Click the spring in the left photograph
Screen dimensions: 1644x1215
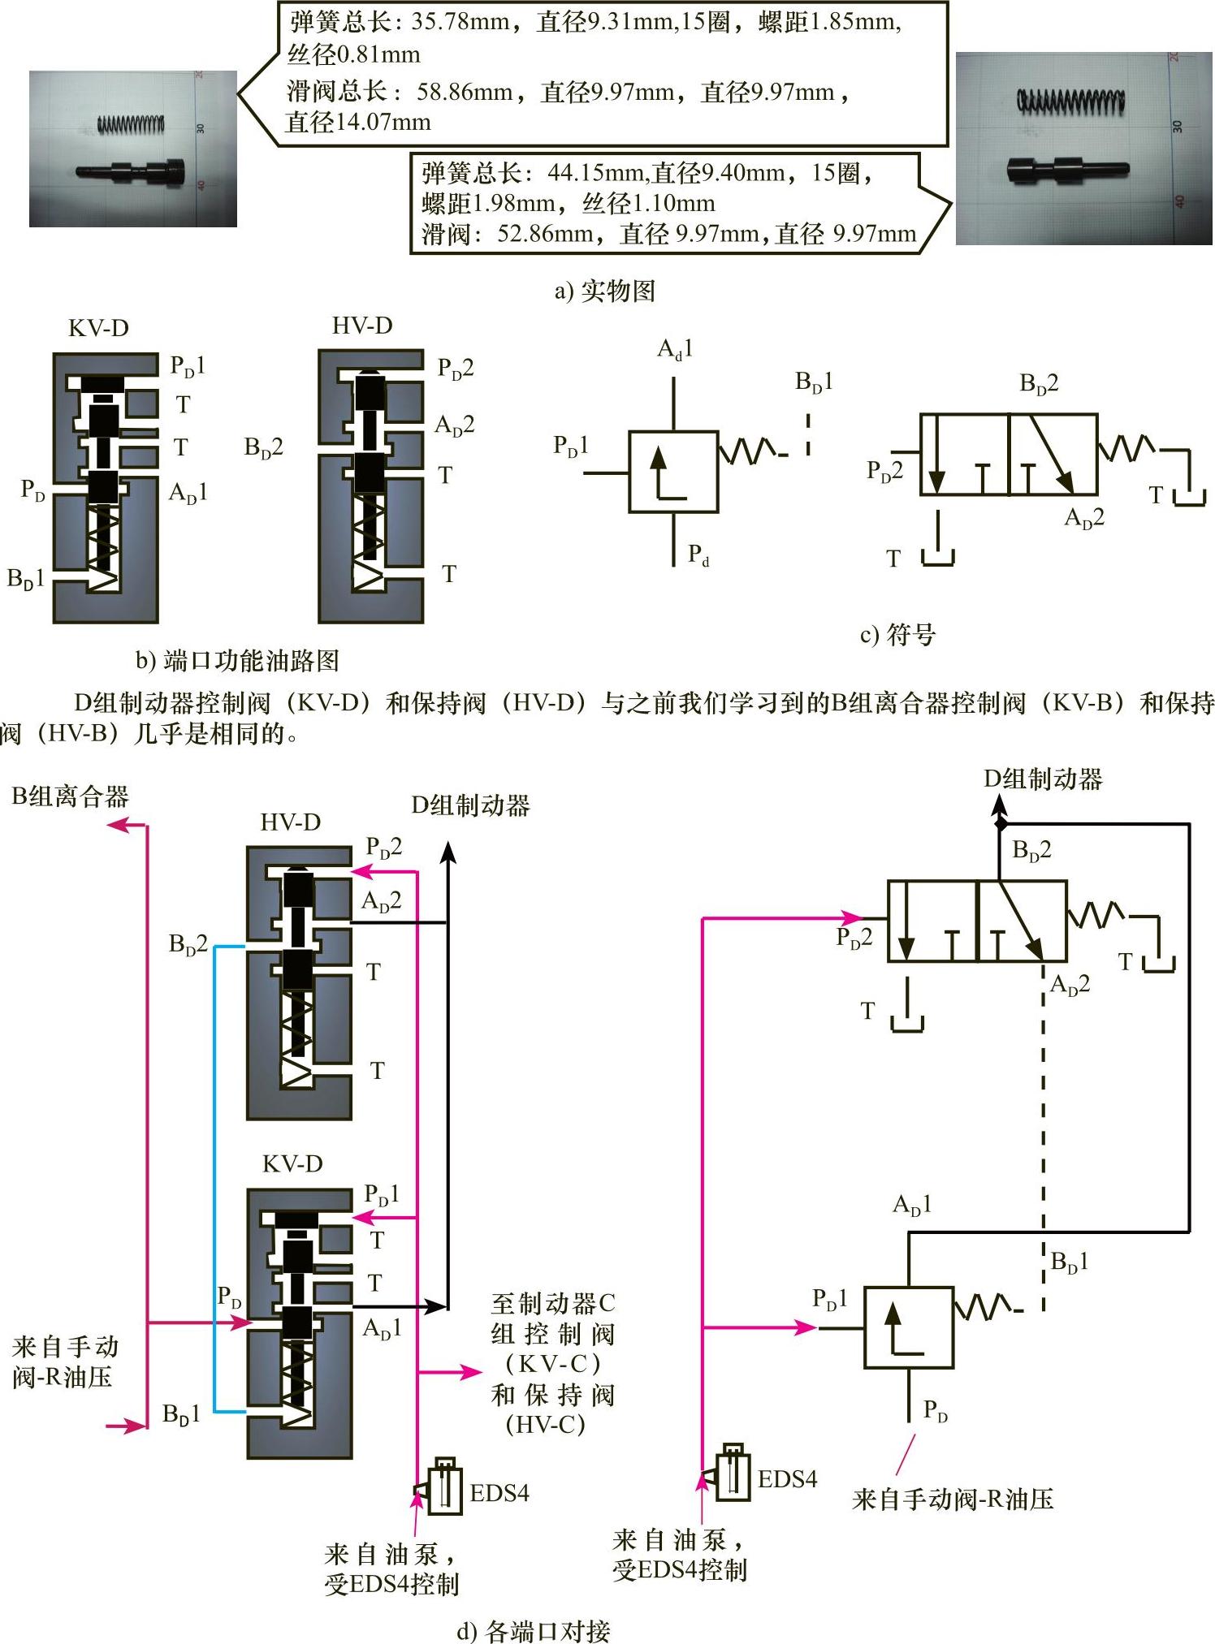(131, 124)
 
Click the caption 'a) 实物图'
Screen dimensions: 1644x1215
(605, 291)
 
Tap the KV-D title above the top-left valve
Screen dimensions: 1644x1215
(98, 328)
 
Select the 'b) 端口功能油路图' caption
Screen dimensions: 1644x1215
(237, 661)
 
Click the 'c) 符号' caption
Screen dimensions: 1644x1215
(897, 634)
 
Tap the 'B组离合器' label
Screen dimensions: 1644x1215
(71, 796)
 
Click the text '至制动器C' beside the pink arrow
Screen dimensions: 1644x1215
(553, 1304)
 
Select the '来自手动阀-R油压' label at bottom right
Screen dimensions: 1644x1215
(953, 1499)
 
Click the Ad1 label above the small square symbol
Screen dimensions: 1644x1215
(675, 349)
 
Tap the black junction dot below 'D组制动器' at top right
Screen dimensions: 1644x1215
(1001, 824)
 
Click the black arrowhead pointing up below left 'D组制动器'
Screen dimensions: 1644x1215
(448, 852)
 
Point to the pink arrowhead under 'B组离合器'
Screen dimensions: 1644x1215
(119, 825)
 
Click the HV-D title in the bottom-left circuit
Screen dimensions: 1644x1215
(290, 822)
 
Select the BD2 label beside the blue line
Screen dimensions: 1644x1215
(188, 943)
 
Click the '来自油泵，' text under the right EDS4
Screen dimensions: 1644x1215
(678, 1539)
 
